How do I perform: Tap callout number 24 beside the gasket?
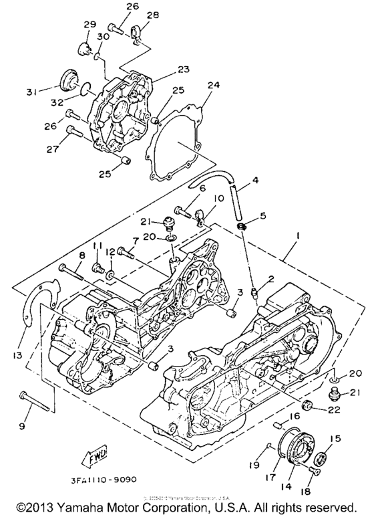(213, 85)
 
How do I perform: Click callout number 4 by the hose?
(254, 180)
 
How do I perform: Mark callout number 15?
(335, 439)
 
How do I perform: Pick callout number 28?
(152, 14)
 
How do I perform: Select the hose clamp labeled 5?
(246, 229)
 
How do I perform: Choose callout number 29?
(90, 25)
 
